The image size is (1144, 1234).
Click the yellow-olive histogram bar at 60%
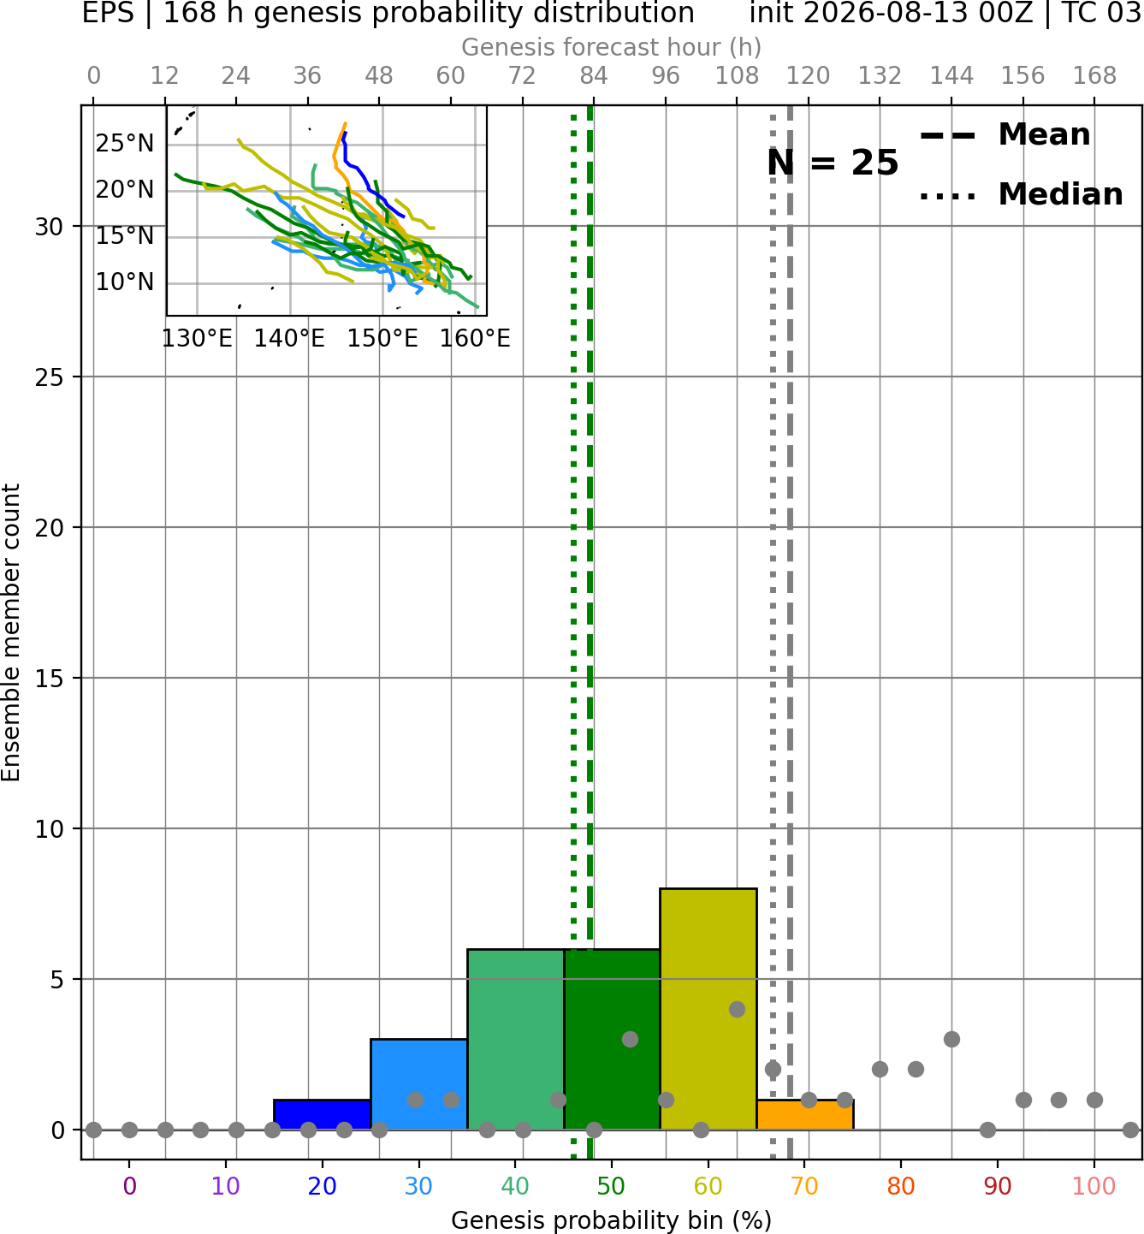tap(708, 1009)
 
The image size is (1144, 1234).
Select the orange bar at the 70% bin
tap(805, 1115)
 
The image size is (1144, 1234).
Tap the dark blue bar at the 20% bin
tap(323, 1115)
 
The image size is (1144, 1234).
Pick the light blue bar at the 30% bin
tap(418, 1084)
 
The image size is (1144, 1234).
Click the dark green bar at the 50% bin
tap(612, 1040)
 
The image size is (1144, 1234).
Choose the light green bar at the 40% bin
tap(516, 1040)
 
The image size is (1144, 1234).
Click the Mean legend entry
tap(1005, 135)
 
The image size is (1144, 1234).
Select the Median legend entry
tap(1021, 194)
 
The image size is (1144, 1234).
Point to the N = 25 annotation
tap(833, 163)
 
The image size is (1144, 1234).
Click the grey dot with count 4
tap(737, 1010)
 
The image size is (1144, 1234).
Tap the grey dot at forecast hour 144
tap(951, 1040)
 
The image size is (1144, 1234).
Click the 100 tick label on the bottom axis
tap(1094, 1186)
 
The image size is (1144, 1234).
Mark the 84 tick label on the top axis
tap(594, 76)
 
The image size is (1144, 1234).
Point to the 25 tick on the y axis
tap(49, 377)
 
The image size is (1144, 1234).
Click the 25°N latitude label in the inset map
tap(124, 144)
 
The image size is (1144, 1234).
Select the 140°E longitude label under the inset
tap(289, 339)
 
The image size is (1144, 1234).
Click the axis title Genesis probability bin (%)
tap(612, 1220)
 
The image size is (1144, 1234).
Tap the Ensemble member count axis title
tap(11, 632)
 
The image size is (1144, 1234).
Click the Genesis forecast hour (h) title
tap(612, 47)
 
